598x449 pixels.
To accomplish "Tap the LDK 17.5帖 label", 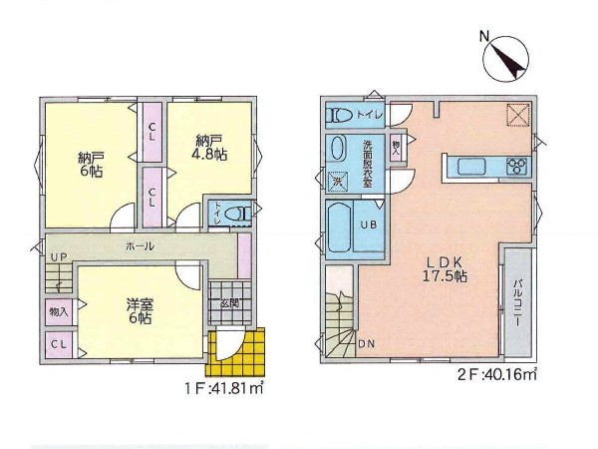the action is [x=445, y=269].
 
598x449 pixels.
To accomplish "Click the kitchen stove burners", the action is [x=516, y=167].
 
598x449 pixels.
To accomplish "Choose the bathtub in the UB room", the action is [x=339, y=227].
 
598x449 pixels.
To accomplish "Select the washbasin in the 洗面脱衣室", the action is [x=337, y=149].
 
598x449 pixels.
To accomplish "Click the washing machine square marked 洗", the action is [x=338, y=181].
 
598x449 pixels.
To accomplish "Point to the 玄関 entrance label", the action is [x=230, y=304].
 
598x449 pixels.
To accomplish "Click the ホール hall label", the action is [x=140, y=246].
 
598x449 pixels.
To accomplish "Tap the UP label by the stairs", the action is [x=59, y=257].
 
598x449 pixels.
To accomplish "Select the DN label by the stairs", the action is [x=366, y=344].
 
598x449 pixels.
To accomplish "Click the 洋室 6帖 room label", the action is [x=140, y=311].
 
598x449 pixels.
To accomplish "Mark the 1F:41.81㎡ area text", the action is [x=224, y=389].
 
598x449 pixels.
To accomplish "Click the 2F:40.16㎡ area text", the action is [x=497, y=374].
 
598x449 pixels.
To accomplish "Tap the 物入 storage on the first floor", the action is [x=59, y=312].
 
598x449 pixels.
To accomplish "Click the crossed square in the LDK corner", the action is [x=518, y=114].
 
